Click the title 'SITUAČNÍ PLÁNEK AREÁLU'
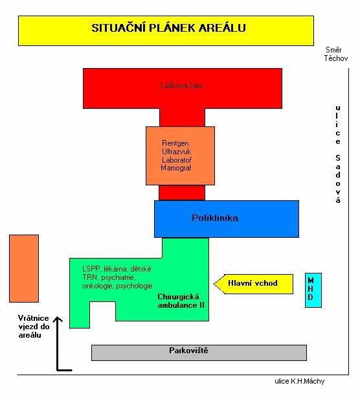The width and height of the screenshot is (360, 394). pyautogui.click(x=168, y=28)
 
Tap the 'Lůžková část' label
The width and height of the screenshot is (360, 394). pyautogui.click(x=181, y=86)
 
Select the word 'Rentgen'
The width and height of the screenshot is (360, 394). pyautogui.click(x=175, y=143)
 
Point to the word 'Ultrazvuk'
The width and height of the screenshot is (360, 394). pyautogui.click(x=176, y=152)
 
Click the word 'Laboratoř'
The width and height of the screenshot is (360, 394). pyautogui.click(x=177, y=160)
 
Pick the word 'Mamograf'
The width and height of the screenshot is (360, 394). pyautogui.click(x=176, y=168)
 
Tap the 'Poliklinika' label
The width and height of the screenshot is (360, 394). pyautogui.click(x=215, y=218)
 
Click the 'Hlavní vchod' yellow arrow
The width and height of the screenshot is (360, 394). pyautogui.click(x=253, y=284)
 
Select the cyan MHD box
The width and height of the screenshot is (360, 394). pyautogui.click(x=313, y=290)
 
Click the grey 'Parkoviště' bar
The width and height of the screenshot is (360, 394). pyautogui.click(x=199, y=353)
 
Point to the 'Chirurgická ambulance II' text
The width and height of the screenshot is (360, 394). pyautogui.click(x=181, y=301)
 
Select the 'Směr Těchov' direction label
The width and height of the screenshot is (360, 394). pyautogui.click(x=335, y=54)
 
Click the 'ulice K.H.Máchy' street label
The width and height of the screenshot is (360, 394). pyautogui.click(x=300, y=381)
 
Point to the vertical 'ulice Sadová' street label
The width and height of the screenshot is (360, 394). pyautogui.click(x=338, y=154)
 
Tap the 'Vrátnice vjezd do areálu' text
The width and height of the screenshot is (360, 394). pyautogui.click(x=34, y=327)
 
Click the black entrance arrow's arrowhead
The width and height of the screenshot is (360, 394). pyautogui.click(x=58, y=319)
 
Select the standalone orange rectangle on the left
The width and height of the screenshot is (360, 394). pyautogui.click(x=24, y=269)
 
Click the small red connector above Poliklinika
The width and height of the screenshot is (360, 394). pyautogui.click(x=182, y=192)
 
